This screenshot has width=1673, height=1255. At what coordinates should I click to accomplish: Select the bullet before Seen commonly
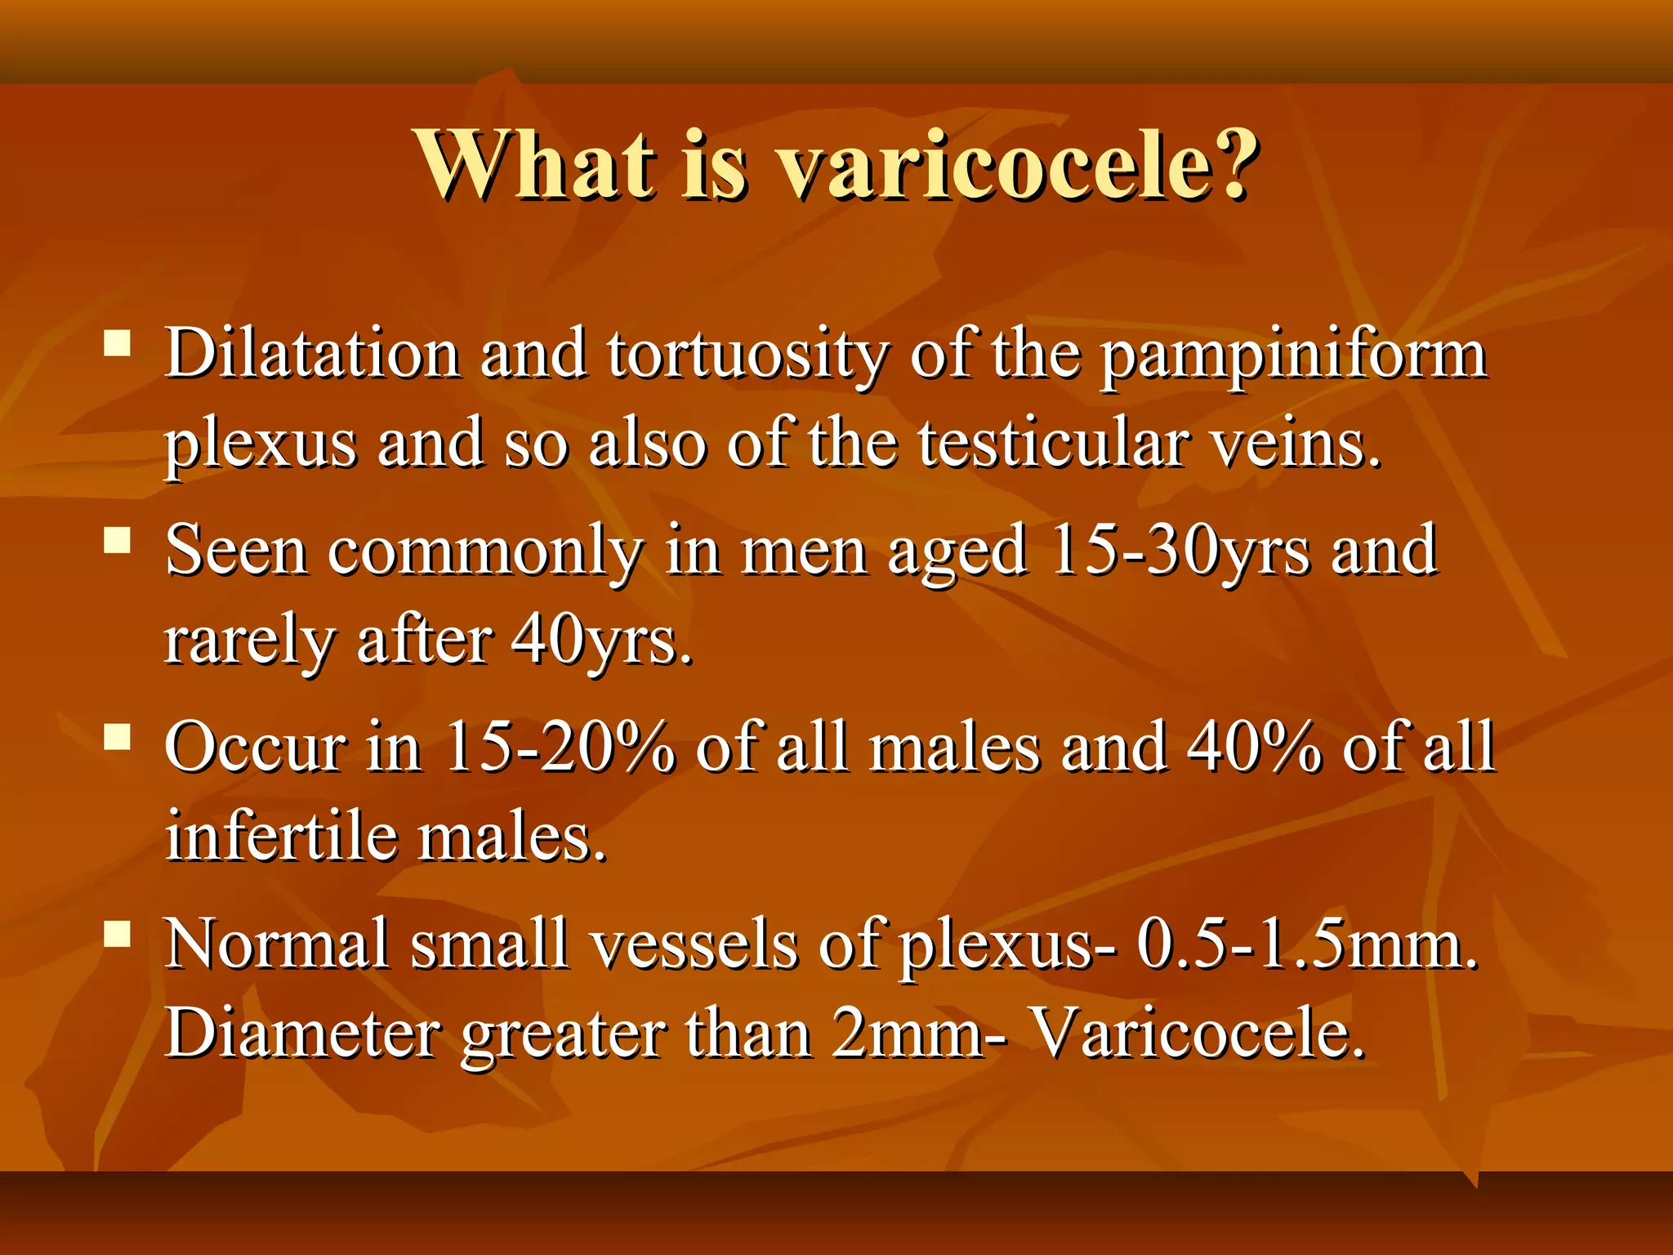(118, 540)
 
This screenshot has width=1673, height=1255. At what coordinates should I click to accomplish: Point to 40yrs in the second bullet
(601, 641)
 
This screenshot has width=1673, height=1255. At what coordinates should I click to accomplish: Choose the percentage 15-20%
(560, 747)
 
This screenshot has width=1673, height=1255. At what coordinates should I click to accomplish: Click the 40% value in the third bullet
(1253, 747)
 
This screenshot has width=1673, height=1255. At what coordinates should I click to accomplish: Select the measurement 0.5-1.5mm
(1307, 945)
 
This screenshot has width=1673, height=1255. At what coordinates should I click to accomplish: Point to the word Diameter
(303, 1034)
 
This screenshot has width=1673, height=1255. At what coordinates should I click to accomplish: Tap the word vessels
(694, 945)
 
